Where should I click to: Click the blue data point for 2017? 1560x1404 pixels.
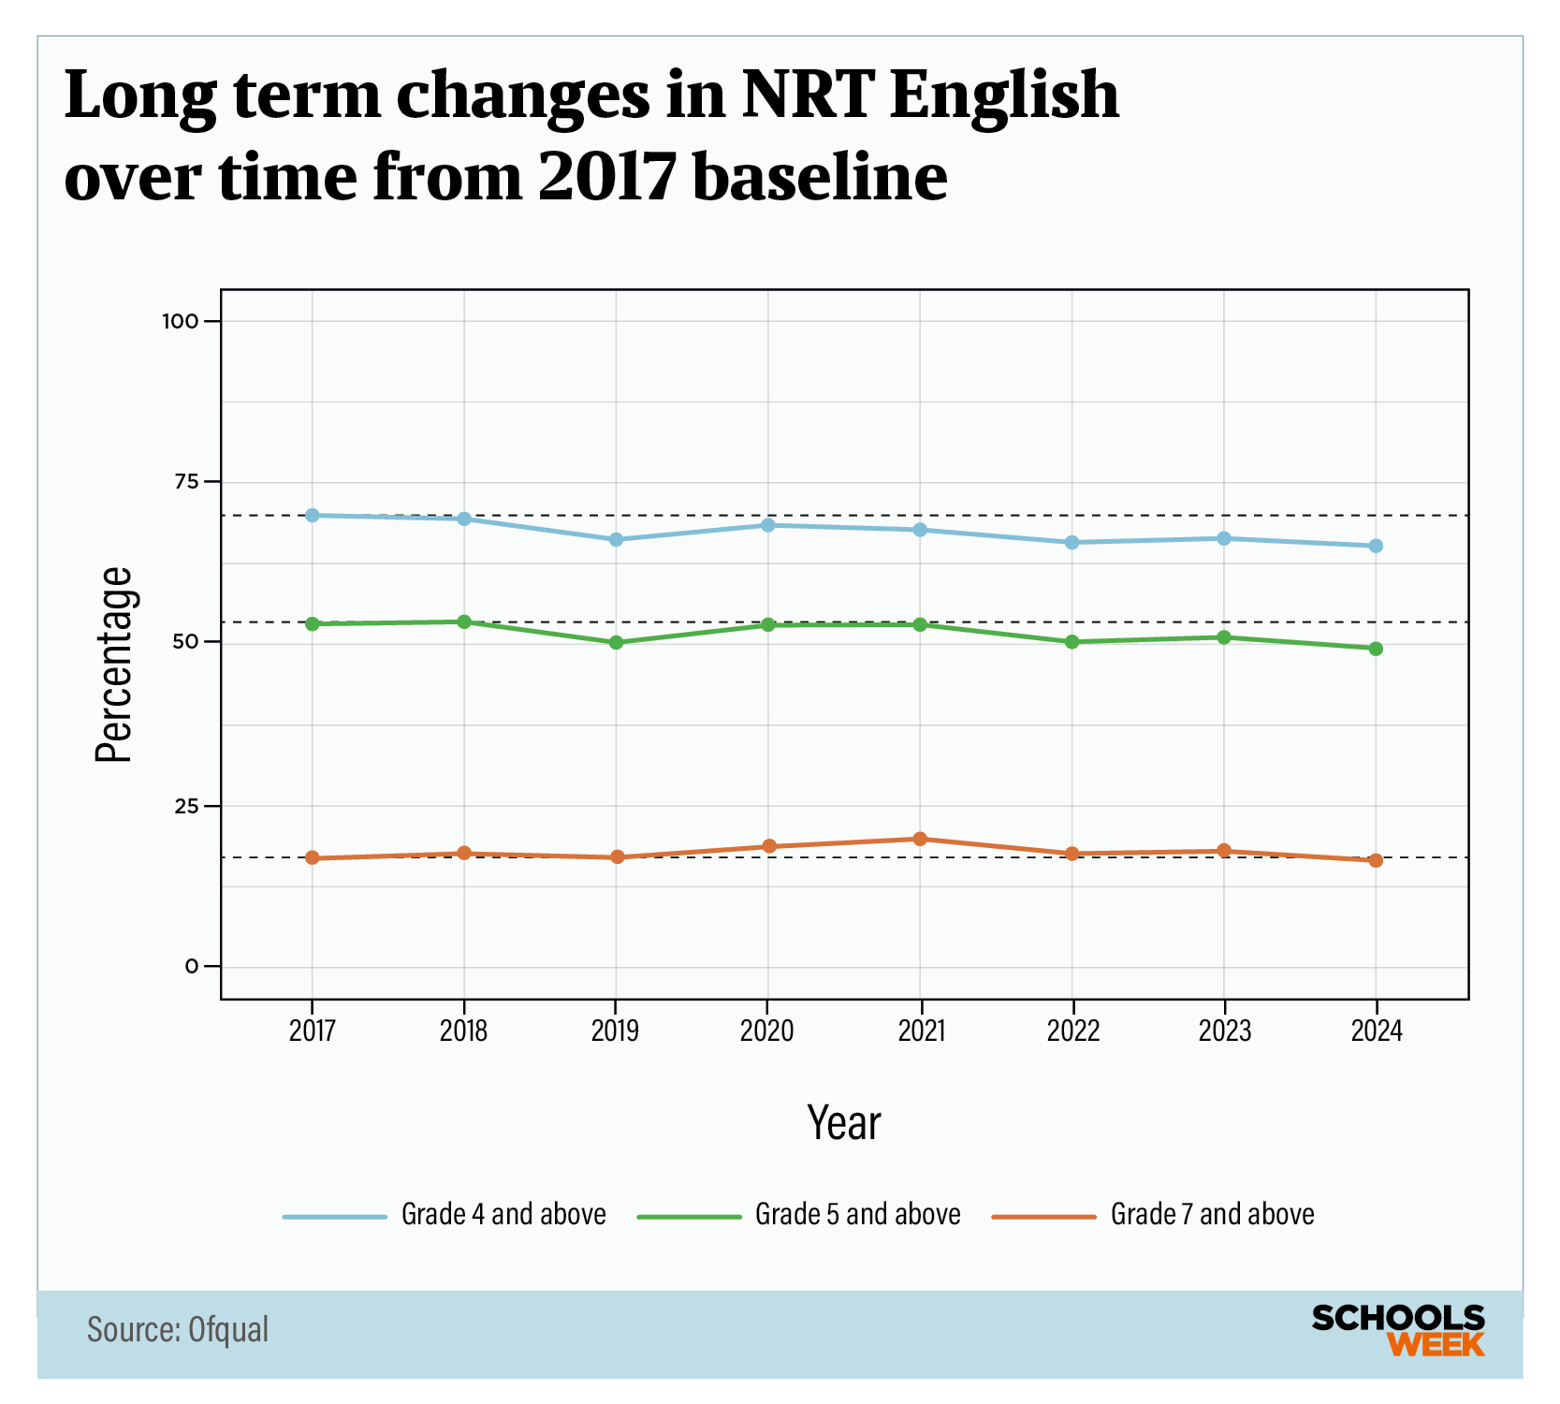click(x=313, y=516)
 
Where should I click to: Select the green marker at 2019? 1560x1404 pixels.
click(x=616, y=643)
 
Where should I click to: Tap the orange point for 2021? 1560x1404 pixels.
click(x=920, y=839)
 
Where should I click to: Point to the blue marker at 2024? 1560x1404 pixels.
click(x=1376, y=546)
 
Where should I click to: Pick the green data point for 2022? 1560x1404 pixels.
click(x=1072, y=642)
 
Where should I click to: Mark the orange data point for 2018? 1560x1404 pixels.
click(x=464, y=853)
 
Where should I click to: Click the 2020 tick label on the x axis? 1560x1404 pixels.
click(x=767, y=1031)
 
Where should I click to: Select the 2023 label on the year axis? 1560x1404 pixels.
click(x=1224, y=1031)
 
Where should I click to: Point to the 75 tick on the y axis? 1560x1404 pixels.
click(x=187, y=481)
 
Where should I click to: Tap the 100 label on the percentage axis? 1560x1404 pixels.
click(x=181, y=321)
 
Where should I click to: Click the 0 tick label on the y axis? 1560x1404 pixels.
click(x=192, y=966)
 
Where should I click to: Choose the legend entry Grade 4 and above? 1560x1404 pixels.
click(x=503, y=1215)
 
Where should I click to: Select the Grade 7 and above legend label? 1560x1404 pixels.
click(x=1212, y=1215)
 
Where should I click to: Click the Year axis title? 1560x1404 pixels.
click(x=844, y=1123)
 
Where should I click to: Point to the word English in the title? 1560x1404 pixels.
click(x=1003, y=95)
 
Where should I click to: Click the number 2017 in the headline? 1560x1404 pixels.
click(x=607, y=176)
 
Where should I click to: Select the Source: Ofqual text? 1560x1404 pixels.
click(x=178, y=1330)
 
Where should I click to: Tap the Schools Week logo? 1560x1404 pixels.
click(x=1398, y=1330)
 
